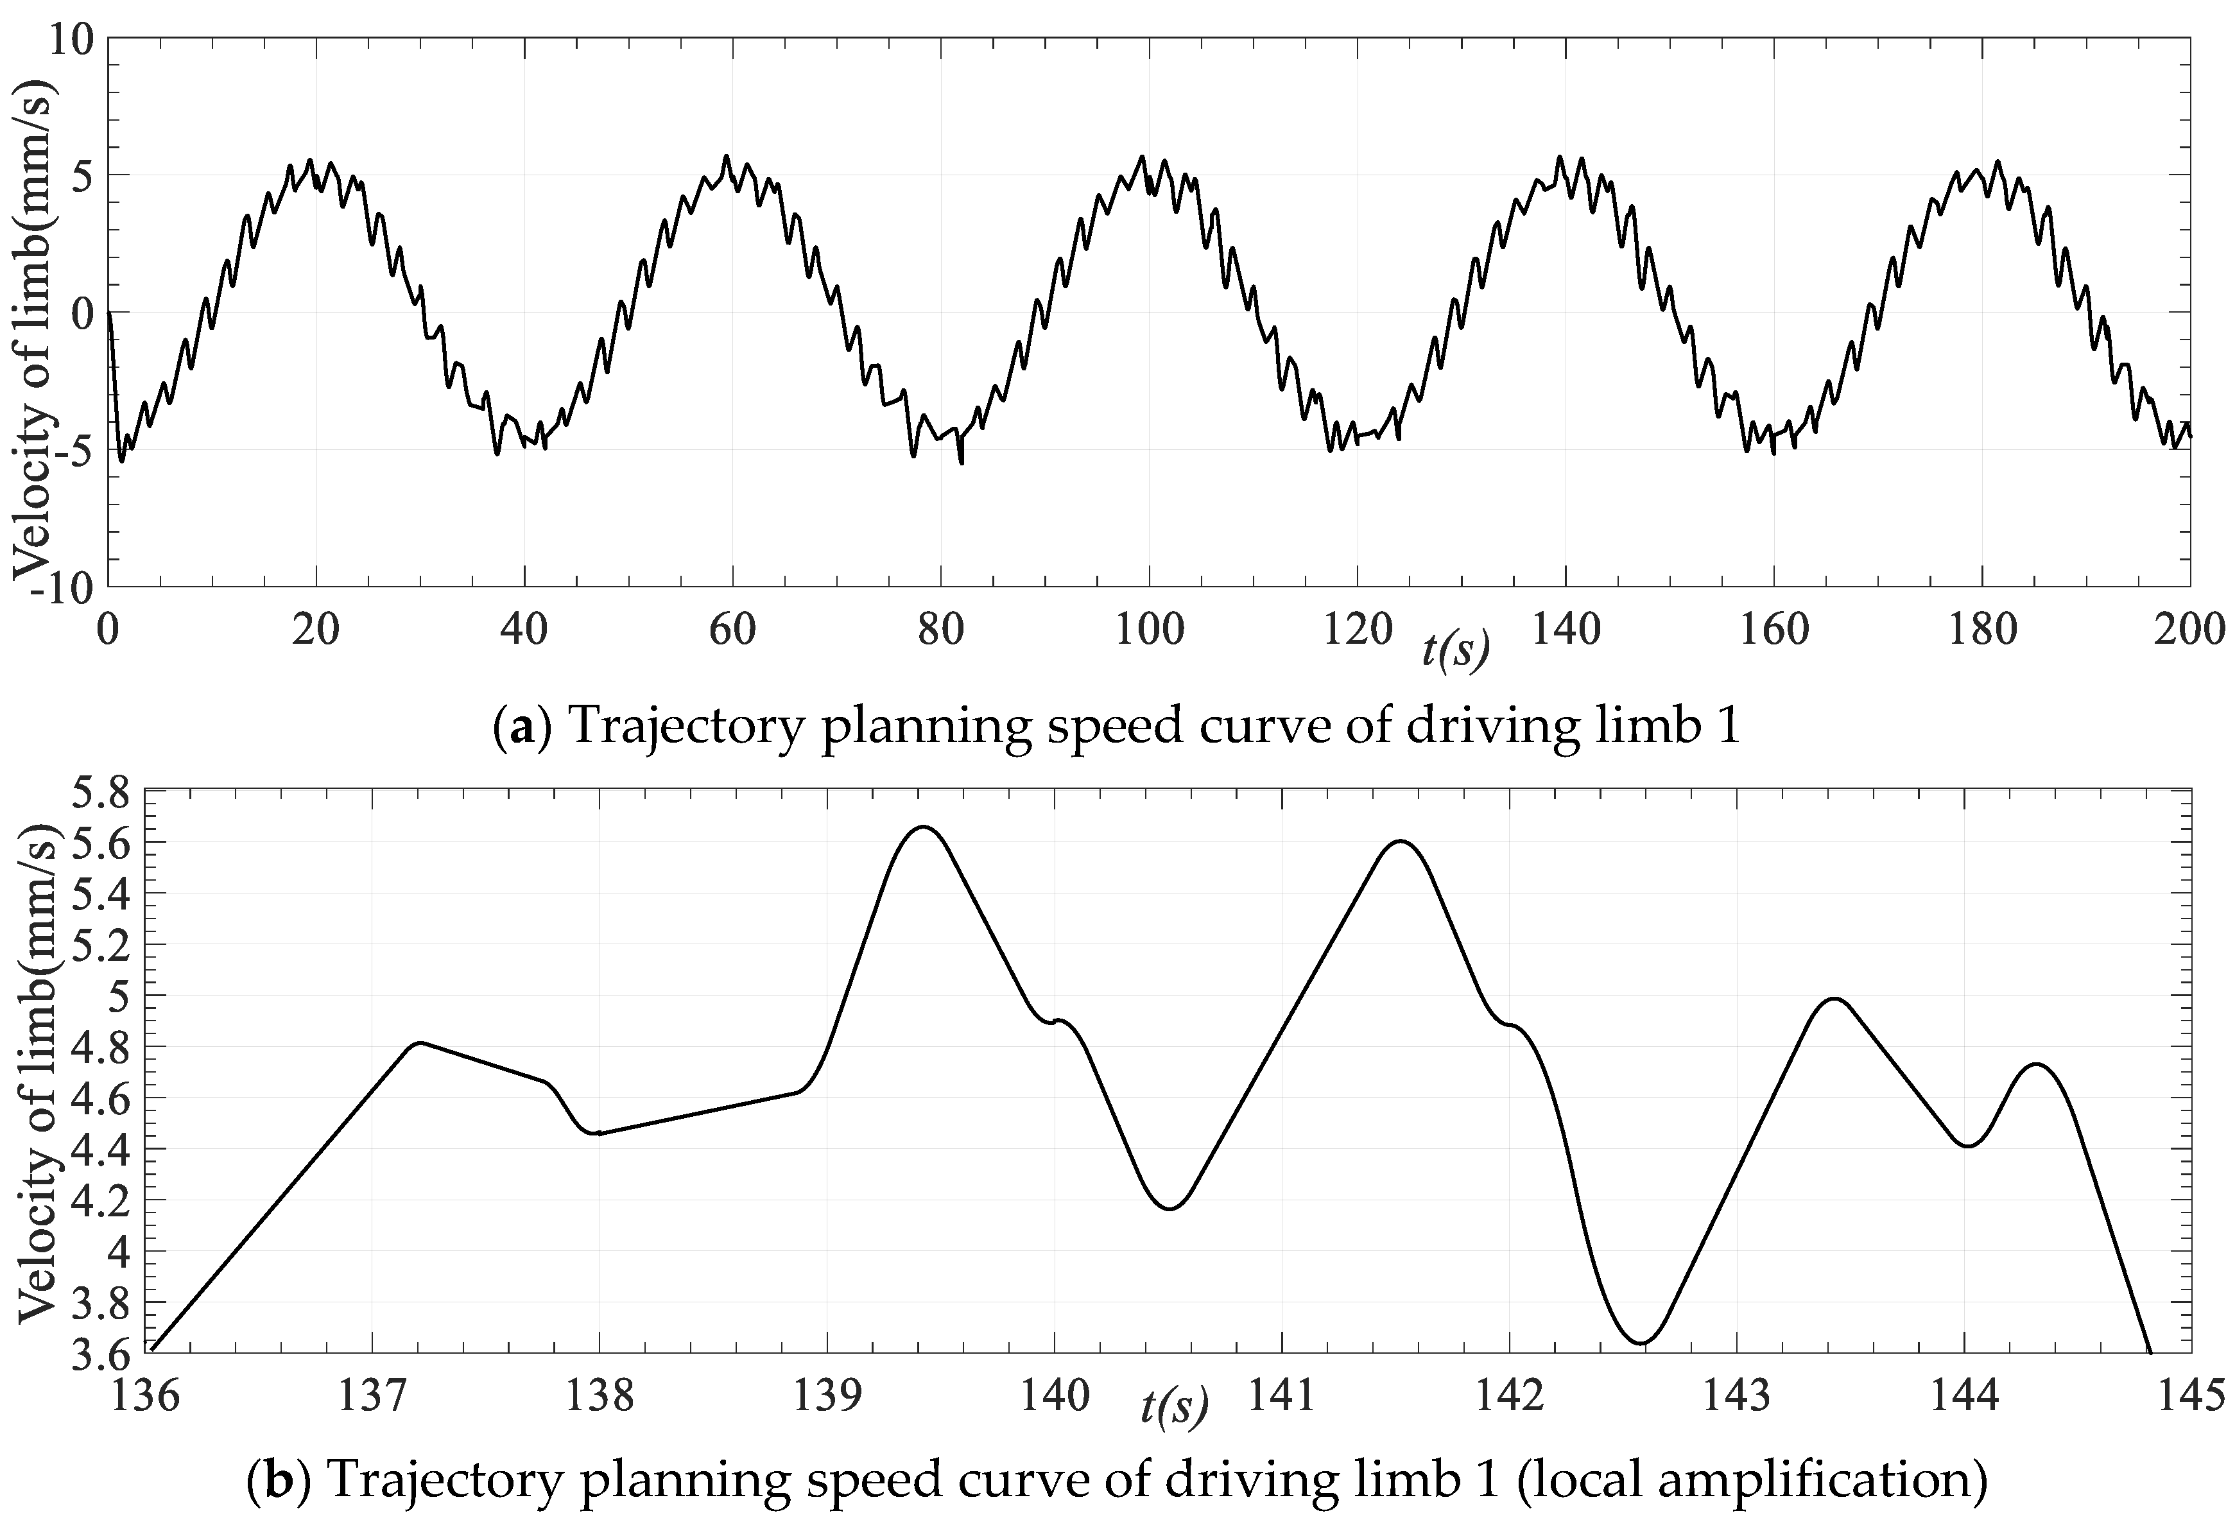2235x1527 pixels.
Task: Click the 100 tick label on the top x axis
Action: (1149, 631)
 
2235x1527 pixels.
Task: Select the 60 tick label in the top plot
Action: (733, 631)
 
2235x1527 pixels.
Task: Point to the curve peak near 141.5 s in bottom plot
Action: (1399, 841)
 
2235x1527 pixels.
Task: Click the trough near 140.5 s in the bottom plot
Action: (1169, 1209)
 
